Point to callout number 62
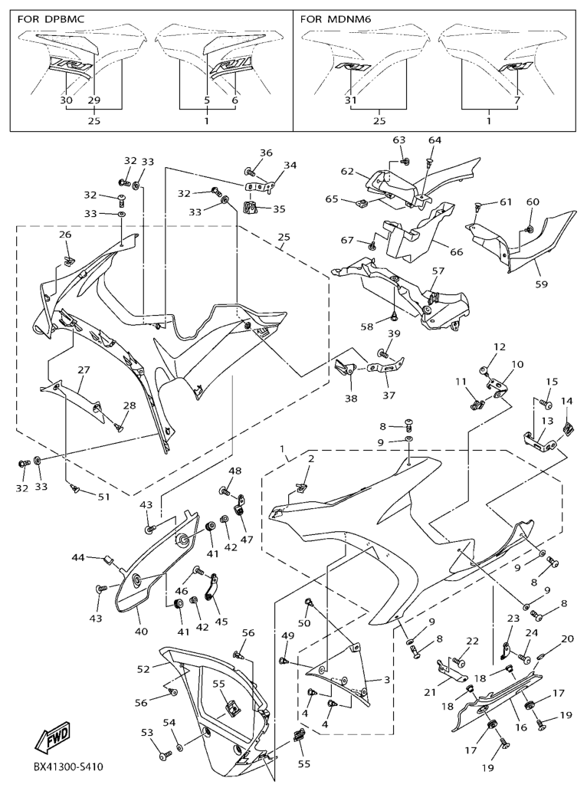click(346, 172)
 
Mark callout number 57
click(438, 271)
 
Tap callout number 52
click(143, 669)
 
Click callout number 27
click(83, 369)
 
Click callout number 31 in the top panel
click(351, 100)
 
